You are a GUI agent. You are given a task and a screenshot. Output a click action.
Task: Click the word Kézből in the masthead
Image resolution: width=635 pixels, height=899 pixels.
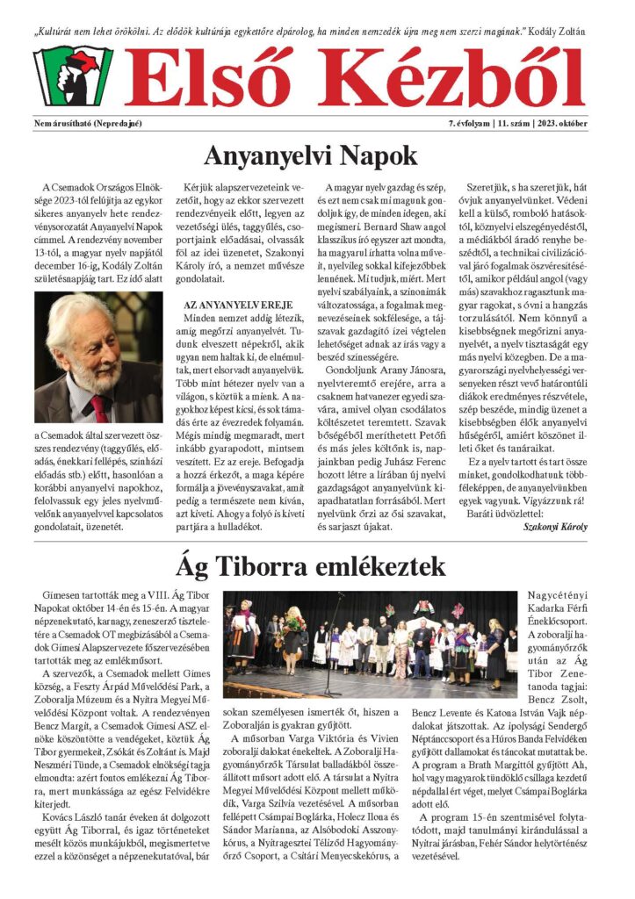[x=457, y=76]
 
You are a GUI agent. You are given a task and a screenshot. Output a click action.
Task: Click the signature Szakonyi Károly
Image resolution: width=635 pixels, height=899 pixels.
[x=554, y=527]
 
